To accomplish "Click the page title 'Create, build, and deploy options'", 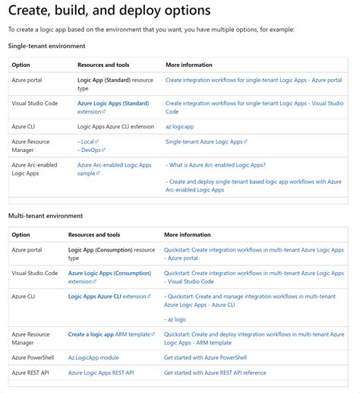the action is [109, 11].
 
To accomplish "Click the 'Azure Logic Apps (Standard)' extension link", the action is [113, 103].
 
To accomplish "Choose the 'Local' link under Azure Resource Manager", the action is [87, 141].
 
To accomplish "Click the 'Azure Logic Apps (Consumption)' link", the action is [109, 273].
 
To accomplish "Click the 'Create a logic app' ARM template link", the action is [91, 334].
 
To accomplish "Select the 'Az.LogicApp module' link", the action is [93, 357].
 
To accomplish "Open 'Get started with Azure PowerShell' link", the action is [205, 357].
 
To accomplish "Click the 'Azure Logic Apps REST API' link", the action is [101, 372].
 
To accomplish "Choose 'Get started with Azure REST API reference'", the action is [215, 372].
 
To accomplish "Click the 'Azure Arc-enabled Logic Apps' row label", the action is [34, 169].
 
